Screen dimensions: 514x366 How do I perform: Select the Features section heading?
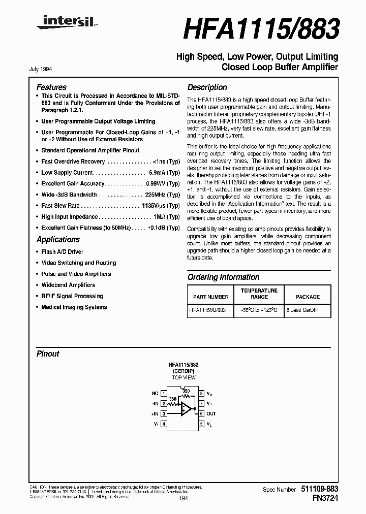(x=51, y=87)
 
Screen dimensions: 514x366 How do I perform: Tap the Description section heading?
(x=207, y=87)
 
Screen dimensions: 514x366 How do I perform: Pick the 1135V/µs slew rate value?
(x=153, y=206)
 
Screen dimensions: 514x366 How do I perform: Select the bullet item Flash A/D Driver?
(x=62, y=252)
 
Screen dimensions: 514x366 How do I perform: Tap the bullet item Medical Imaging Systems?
(x=74, y=307)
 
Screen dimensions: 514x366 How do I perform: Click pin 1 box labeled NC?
(x=163, y=393)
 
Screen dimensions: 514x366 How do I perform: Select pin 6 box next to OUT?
(x=202, y=413)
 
